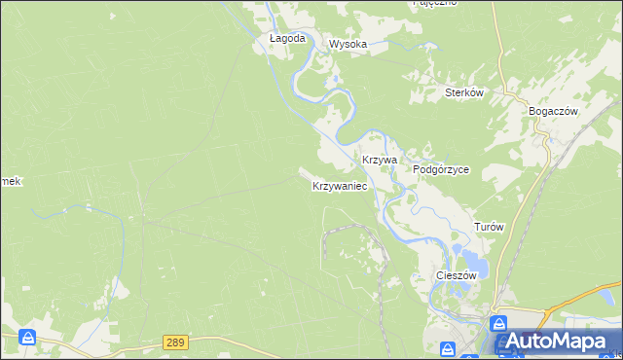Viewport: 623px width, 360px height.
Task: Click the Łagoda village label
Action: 287,39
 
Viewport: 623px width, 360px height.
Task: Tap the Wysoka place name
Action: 348,44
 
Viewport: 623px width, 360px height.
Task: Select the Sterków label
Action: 464,92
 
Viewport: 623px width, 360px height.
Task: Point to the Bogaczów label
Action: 554,111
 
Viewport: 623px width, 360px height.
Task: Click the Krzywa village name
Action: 381,159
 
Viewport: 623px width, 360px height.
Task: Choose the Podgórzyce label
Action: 441,168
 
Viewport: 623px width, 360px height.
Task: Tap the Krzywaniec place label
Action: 339,185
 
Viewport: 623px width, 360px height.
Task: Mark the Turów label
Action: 489,226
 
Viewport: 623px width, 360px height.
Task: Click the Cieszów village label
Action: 455,275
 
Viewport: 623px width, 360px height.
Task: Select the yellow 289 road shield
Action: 175,342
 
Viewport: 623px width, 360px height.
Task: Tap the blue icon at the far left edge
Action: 28,338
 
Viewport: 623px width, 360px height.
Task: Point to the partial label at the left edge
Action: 10,182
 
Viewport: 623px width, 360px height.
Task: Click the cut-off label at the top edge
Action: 435,3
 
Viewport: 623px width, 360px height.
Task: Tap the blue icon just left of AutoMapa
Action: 498,323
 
